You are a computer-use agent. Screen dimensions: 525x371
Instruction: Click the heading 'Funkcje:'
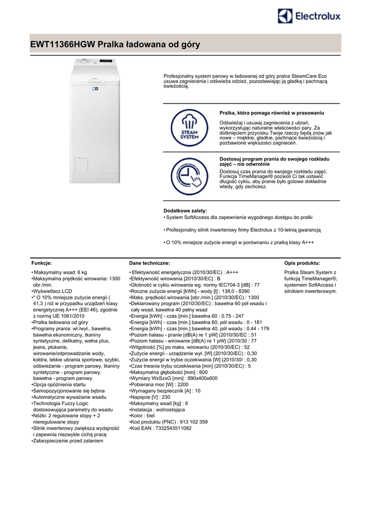42,262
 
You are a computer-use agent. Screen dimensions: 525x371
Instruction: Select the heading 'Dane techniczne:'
150,262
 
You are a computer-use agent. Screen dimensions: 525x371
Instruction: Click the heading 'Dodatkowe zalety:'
185,211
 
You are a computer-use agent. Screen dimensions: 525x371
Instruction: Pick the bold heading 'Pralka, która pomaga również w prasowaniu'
272,113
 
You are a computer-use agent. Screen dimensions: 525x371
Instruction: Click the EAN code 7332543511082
174,428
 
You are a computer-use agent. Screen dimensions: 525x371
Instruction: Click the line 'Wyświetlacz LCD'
52,291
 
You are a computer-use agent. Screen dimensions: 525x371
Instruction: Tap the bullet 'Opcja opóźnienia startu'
58,384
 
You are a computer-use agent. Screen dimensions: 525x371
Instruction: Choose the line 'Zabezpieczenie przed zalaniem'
67,440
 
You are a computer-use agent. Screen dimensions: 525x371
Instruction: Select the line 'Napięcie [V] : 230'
150,397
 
